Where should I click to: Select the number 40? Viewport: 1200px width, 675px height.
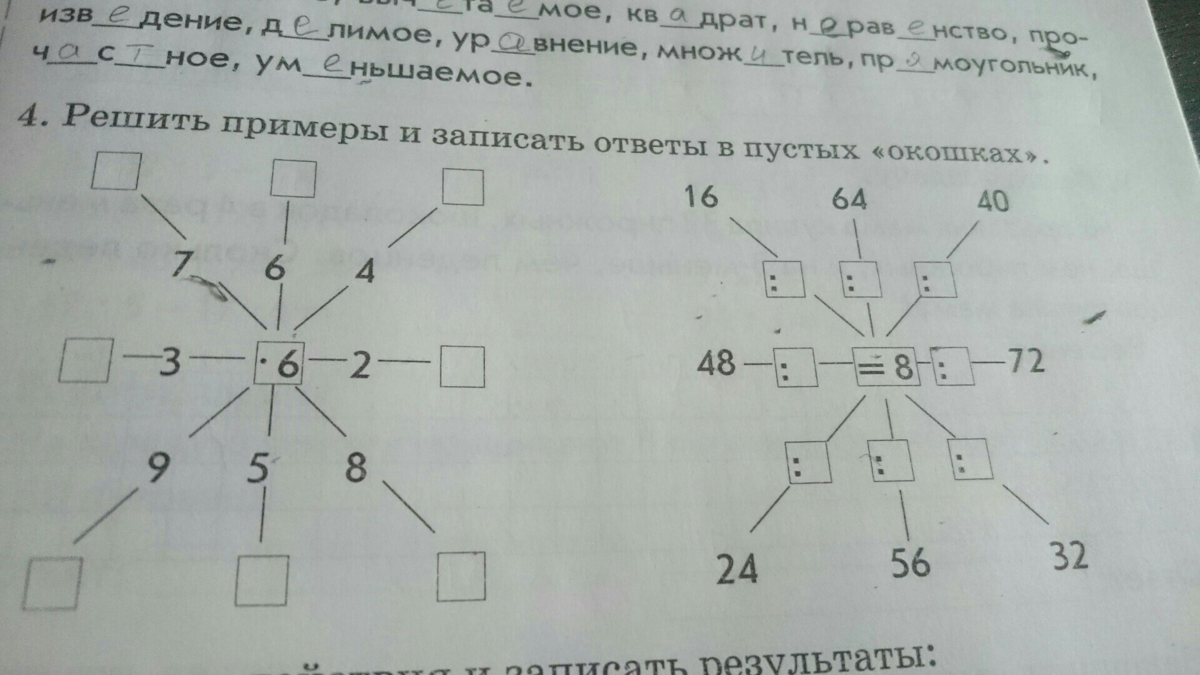tap(992, 201)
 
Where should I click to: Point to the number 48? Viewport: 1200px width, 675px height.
tap(716, 362)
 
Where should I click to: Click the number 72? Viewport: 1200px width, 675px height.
tap(1025, 361)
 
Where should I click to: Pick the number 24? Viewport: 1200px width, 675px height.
tap(737, 569)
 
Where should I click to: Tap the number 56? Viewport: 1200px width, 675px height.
tap(910, 562)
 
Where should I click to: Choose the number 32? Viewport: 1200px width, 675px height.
tap(1069, 556)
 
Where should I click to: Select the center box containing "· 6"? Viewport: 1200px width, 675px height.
tap(279, 363)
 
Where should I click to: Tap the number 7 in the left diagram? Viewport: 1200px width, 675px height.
tap(181, 263)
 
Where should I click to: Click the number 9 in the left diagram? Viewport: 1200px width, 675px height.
tap(157, 467)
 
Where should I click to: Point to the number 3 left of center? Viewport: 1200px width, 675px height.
tap(169, 362)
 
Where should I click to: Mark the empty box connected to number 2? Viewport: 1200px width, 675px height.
tap(462, 367)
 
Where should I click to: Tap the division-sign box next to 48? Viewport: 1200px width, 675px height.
tap(795, 367)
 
